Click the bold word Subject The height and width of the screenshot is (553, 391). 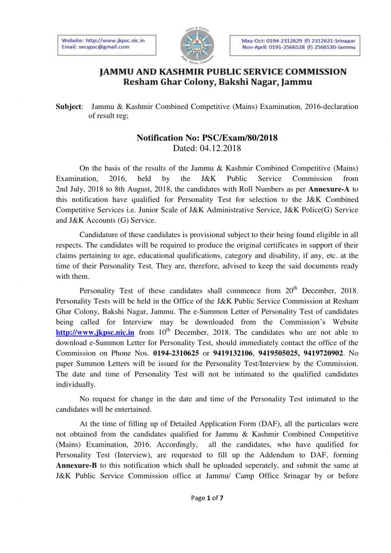point(69,106)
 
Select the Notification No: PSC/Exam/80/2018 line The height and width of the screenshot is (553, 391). point(207,138)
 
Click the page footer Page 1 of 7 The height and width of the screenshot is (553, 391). point(207,513)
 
